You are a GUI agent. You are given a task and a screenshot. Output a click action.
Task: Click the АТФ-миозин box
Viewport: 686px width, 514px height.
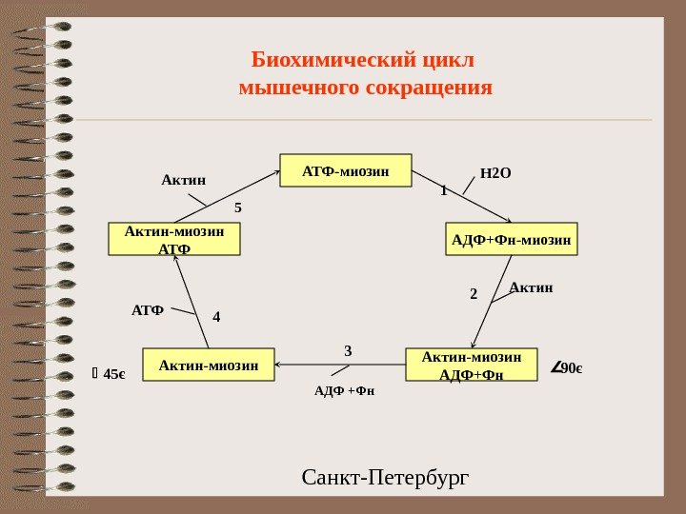345,171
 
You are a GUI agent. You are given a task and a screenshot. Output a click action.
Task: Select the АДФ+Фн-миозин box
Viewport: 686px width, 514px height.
512,240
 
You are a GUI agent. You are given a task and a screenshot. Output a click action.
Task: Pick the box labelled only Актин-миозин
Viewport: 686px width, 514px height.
208,365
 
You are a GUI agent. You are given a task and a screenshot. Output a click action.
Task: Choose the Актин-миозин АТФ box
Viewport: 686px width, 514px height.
174,240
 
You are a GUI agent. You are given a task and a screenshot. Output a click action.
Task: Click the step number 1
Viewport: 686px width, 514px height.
443,190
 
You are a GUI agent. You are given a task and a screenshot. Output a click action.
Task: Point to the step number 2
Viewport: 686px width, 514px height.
474,295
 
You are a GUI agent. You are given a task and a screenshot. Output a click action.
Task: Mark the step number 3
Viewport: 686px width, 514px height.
348,351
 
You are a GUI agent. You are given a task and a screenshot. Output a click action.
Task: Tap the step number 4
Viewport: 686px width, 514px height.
216,315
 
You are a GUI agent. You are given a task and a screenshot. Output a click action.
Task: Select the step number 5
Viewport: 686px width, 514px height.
239,206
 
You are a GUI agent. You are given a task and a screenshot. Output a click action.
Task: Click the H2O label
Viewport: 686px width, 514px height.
495,173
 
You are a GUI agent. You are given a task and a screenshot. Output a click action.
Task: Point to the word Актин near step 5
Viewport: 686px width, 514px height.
183,178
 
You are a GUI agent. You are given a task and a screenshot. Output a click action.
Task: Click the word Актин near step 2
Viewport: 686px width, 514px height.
531,287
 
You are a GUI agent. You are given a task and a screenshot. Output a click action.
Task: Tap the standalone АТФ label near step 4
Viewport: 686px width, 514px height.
148,310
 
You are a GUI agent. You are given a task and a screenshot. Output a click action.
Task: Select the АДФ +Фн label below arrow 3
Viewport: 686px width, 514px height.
345,390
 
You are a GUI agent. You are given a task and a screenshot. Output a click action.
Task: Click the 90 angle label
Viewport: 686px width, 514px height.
568,368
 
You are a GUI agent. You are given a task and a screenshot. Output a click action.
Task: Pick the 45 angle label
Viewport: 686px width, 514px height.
111,374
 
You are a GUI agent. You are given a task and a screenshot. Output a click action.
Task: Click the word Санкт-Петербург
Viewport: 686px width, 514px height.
385,475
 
